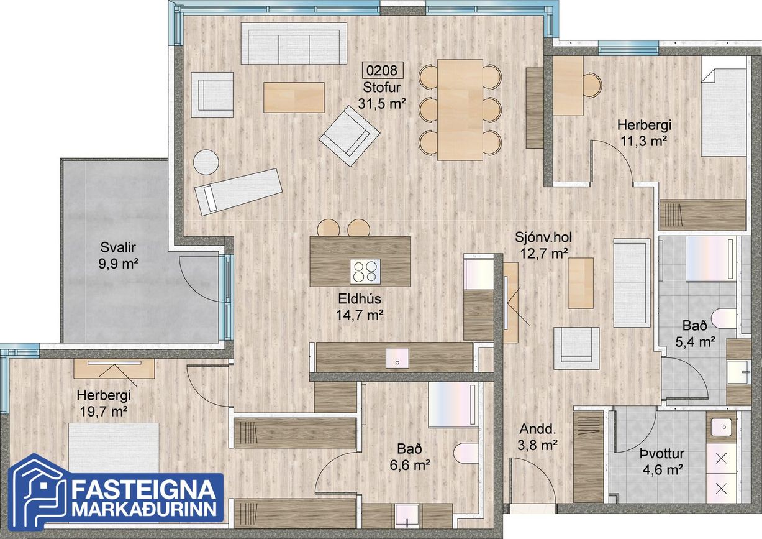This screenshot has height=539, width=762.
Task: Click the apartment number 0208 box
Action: click(382, 70)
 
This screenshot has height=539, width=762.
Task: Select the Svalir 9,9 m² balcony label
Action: click(118, 255)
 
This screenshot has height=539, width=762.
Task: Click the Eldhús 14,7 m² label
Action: click(360, 307)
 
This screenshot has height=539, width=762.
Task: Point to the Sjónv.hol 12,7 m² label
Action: click(543, 245)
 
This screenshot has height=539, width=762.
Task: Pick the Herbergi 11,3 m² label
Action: click(644, 132)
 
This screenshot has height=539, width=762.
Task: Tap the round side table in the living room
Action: click(206, 162)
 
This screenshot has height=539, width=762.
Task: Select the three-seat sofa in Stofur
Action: click(294, 44)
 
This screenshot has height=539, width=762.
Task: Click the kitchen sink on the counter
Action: click(397, 357)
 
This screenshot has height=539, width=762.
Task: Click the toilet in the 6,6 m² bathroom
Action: click(466, 453)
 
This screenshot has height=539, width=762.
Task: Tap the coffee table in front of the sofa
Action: click(294, 98)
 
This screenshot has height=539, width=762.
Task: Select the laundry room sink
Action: click(721, 426)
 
